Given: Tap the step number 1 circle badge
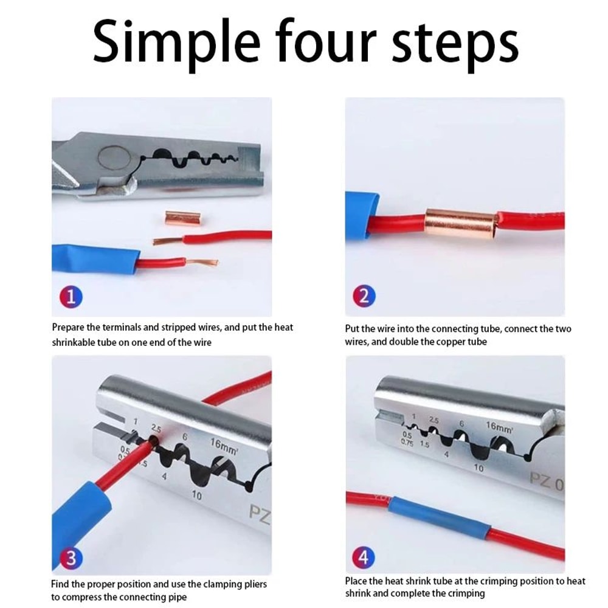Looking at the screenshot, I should tap(71, 297).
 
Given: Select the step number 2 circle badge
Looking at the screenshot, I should tap(364, 297).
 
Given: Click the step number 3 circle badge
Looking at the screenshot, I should tap(71, 558).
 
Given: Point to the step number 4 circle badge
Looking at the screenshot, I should tap(364, 558).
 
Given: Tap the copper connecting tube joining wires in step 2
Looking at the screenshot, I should tap(461, 223).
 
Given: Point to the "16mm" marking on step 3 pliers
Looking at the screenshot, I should tap(224, 445).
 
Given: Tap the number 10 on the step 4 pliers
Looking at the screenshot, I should tap(478, 468).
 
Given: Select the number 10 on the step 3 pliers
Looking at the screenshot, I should tap(196, 496).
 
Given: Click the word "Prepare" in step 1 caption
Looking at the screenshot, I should tap(70, 328).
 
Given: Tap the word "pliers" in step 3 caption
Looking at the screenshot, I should tap(254, 584).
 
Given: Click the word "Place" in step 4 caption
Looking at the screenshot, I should tap(356, 581).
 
